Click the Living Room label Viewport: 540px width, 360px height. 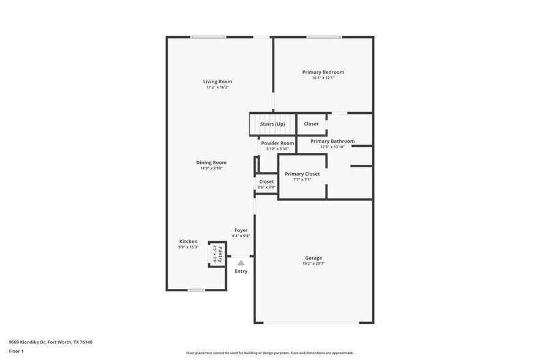point(217,81)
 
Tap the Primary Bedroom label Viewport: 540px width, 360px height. point(323,72)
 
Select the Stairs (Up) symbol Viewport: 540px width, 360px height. point(272,124)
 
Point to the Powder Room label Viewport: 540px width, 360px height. point(277,143)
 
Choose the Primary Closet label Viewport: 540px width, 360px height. point(302,174)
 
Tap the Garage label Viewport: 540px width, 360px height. point(313,258)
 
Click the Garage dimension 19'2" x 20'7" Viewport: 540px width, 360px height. point(313,264)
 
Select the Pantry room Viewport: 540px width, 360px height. point(217,254)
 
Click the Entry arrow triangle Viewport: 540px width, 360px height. point(241,263)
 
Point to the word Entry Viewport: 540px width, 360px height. point(241,271)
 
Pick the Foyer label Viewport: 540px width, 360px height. point(241,230)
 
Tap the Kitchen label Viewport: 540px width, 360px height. point(188,241)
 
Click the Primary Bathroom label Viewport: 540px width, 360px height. point(332,141)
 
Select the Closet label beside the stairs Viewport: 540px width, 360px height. point(311,124)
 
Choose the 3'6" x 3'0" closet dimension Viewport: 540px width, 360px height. point(266,187)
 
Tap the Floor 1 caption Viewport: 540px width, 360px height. point(16,351)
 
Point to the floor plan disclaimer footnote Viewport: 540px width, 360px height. point(269,353)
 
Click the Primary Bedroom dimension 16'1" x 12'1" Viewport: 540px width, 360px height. point(323,78)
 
